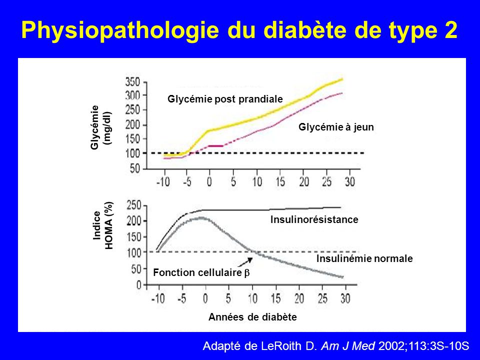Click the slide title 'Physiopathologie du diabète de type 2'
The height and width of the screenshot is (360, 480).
pos(239,31)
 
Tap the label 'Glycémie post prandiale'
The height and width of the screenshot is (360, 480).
pos(225,99)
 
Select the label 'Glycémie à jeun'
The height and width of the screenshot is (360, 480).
pos(336,127)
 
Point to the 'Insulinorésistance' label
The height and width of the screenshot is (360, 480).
pos(314,219)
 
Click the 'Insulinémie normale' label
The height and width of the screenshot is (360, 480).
pos(364,258)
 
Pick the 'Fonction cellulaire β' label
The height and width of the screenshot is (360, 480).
pos(201,272)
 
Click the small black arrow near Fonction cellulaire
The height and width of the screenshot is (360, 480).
pos(245,262)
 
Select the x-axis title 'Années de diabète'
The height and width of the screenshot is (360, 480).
pos(252,317)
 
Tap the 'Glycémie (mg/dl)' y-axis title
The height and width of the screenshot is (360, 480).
pos(101,127)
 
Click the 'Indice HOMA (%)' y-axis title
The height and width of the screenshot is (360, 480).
pos(103,225)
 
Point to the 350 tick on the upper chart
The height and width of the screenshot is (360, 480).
pos(132,82)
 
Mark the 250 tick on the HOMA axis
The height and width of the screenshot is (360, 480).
pos(134,205)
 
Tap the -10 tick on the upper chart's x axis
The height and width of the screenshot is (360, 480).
pos(163,182)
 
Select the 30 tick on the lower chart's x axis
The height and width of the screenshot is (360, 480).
pos(345,298)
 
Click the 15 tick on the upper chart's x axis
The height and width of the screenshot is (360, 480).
pos(280,182)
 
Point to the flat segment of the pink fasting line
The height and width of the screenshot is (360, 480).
pos(215,146)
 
